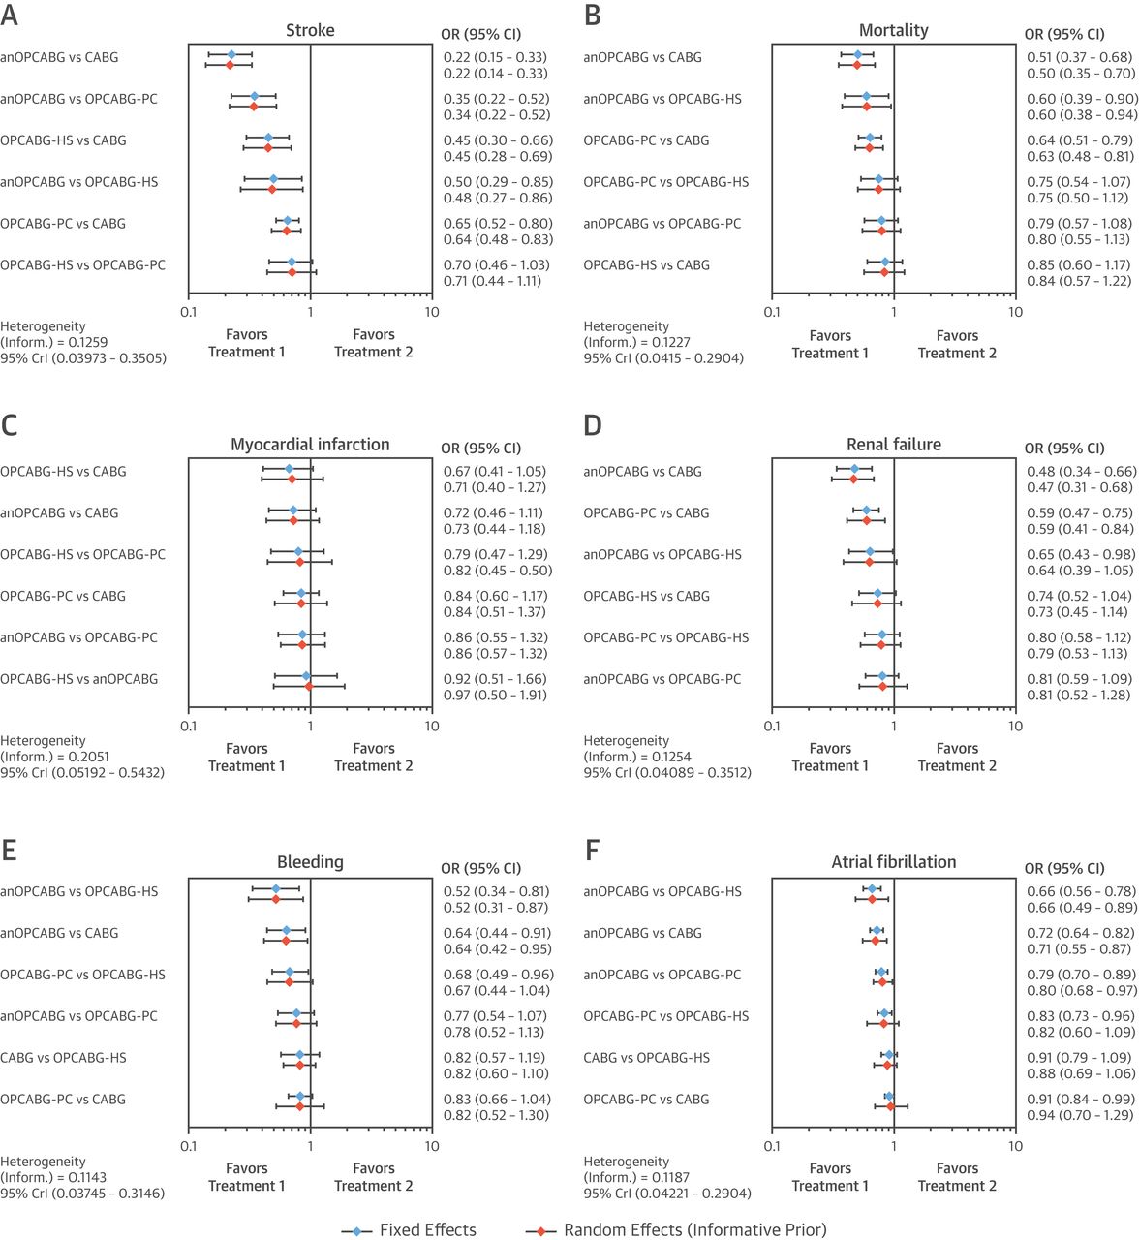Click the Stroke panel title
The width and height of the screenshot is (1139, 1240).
tap(310, 30)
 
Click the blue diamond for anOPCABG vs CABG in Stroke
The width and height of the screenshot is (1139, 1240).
tap(231, 54)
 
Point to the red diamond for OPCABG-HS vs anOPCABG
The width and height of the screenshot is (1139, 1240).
tap(309, 686)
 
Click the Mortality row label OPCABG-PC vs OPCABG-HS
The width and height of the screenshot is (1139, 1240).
tap(665, 182)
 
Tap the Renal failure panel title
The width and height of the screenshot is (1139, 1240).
tap(893, 445)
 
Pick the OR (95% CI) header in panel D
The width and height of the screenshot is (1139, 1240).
tap(1063, 449)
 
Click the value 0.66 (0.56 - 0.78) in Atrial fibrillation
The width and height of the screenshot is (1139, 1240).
tap(1081, 891)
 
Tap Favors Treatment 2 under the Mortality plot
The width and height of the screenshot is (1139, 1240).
tap(957, 344)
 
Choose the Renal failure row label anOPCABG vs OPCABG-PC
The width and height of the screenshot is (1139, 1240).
tap(662, 679)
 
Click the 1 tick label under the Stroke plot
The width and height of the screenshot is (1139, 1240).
tap(310, 312)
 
